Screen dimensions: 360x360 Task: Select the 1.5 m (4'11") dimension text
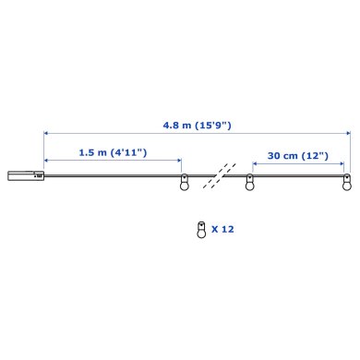(113, 151)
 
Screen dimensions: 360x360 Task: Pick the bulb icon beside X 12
(199, 228)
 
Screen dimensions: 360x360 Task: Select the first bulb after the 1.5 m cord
(183, 183)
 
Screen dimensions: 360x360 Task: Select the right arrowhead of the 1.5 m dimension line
(180, 163)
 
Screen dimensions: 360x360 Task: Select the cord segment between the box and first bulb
(111, 175)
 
